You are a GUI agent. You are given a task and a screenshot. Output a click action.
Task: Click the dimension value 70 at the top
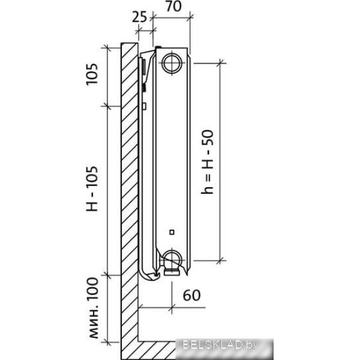coord(173,6)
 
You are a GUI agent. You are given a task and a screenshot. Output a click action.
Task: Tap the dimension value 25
coord(139,17)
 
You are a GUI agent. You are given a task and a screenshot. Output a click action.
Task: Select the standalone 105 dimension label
coord(92,74)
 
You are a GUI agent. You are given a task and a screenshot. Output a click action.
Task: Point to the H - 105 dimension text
coord(92,189)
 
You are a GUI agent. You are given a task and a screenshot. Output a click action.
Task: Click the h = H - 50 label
coord(208,162)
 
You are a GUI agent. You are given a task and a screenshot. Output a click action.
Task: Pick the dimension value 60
coord(192,295)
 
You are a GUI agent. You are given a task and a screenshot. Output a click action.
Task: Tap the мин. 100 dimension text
coord(94,308)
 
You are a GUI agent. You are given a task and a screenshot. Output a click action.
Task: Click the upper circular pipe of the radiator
coord(172,63)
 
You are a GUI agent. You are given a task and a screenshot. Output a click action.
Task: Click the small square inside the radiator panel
coord(172,232)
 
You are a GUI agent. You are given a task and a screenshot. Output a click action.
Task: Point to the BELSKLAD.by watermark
coord(220,345)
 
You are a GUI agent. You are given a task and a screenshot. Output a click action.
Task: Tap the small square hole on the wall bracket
coord(145,106)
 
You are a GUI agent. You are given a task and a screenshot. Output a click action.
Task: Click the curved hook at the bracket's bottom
coord(149,274)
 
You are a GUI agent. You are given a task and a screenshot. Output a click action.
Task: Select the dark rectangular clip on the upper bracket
coord(144,67)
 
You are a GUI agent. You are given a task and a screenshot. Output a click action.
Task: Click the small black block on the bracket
coord(145,88)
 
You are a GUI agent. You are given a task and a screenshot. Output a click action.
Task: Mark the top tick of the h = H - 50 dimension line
coord(221,63)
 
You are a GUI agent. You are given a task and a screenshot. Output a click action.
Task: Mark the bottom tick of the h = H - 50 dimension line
coord(221,261)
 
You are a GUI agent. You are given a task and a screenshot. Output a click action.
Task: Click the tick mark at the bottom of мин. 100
coord(107,342)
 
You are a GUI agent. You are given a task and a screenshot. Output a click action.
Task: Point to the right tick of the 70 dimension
coord(190,17)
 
